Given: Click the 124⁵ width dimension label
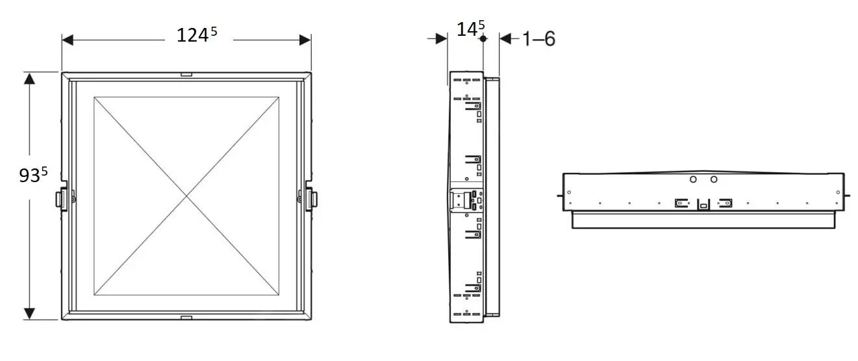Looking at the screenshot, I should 197,35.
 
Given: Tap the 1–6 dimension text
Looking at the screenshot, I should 539,39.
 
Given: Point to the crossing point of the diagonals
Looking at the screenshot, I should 186,196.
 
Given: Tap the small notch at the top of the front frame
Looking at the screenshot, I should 186,74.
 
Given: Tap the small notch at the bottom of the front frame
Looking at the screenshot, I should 186,317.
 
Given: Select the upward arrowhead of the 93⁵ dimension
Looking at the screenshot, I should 29,78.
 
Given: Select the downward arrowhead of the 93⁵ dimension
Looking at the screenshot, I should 29,314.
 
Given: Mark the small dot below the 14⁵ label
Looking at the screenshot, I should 483,39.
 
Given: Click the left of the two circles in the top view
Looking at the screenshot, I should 693,179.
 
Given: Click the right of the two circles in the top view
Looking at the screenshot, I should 714,179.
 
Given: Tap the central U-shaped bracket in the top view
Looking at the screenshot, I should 703,204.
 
